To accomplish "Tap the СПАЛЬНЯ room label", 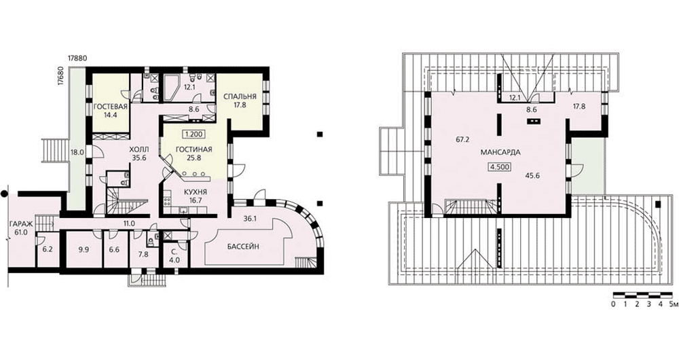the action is pos(240,96).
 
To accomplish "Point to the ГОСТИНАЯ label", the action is pos(194,150).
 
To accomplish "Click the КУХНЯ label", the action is pos(196,192).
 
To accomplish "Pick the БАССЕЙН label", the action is pos(243,247).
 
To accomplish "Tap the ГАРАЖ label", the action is pos(20,224).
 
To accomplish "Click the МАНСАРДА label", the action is pos(500,152).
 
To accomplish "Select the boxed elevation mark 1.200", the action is pos(195,134).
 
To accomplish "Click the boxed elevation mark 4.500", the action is pos(500,166).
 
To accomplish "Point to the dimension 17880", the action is pos(77,58).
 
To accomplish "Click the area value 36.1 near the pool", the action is pos(249,219).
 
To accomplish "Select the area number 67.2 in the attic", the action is pos(463,140).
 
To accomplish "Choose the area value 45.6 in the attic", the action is pos(532,177).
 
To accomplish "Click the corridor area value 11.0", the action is pos(129,223).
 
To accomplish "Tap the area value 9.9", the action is pos(84,251).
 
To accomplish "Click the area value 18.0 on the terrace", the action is pos(77,152).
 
